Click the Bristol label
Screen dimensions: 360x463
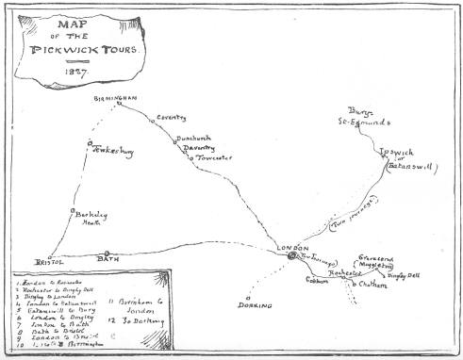47,261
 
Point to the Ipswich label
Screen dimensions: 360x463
394,150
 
